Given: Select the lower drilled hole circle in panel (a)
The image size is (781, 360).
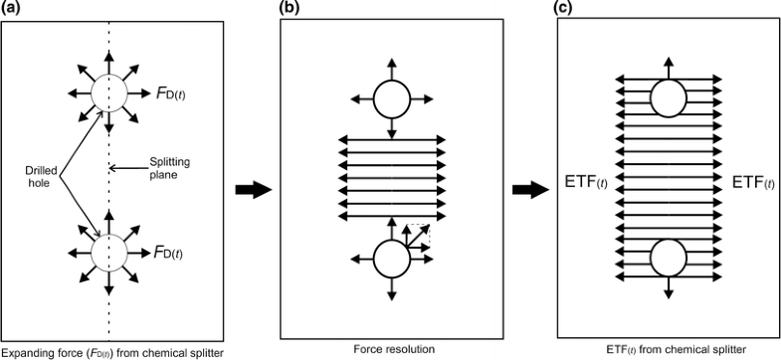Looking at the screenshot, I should click(106, 253).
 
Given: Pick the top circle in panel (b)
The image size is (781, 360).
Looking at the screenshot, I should click(391, 99).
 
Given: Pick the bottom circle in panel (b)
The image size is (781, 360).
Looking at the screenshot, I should click(391, 262).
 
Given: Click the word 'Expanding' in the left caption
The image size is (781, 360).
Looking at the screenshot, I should click(25, 352).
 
